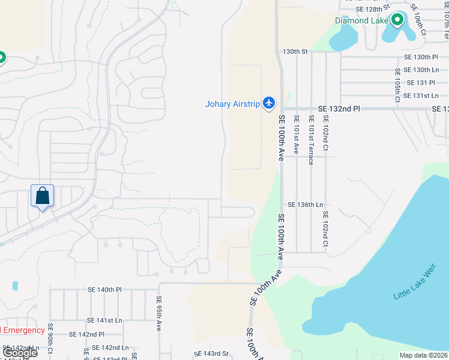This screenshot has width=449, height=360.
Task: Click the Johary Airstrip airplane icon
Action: tap(269, 104)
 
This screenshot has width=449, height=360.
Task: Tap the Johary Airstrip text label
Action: tap(233, 104)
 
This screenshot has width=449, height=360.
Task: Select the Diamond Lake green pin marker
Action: tap(397, 21)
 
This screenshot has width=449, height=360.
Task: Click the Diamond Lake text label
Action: tap(361, 20)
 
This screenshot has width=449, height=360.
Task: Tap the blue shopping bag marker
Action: tap(43, 196)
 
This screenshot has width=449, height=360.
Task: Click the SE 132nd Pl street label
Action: tap(339, 109)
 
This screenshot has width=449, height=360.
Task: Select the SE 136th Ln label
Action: tap(305, 205)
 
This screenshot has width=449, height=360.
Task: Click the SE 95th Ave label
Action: tap(159, 313)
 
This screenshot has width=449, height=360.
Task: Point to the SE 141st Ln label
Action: tap(104, 321)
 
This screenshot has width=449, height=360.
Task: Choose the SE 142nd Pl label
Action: tap(86, 334)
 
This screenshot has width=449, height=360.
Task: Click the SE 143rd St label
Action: tap(211, 354)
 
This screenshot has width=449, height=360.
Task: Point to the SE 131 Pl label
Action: tap(420, 83)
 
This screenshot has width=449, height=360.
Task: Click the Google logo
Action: tap(19, 353)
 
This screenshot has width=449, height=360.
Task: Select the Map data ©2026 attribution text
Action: tap(423, 355)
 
